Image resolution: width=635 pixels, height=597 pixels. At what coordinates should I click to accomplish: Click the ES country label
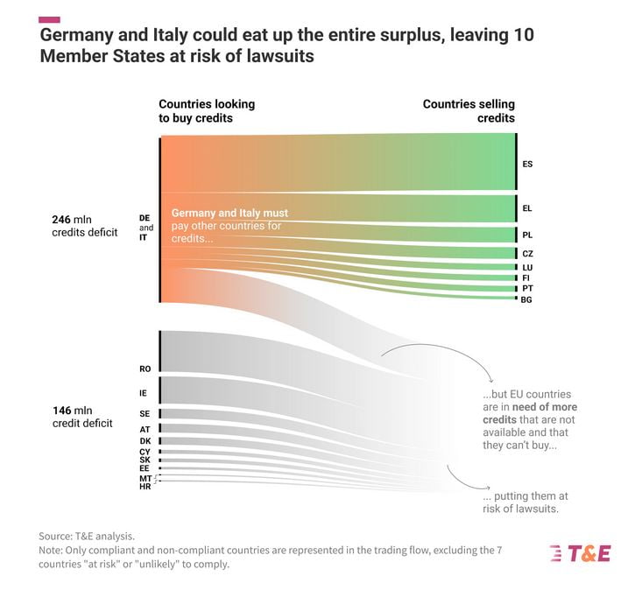coord(527,164)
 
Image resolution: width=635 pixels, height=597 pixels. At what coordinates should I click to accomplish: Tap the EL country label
coord(527,208)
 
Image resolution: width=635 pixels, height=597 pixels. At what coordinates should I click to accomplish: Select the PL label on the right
coord(527,235)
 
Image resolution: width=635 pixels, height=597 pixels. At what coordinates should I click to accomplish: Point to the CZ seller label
coord(527,253)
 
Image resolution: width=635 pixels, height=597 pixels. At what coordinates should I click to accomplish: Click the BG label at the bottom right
coord(526,299)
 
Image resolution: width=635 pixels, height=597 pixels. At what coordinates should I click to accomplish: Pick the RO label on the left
coord(145,369)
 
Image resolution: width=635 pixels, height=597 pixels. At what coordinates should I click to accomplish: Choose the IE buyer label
coord(143,393)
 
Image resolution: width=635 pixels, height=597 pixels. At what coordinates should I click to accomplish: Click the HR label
coord(145,487)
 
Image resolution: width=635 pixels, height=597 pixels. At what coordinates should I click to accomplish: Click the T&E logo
coord(579,553)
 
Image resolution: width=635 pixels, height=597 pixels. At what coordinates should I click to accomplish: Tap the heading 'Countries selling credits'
coord(469,110)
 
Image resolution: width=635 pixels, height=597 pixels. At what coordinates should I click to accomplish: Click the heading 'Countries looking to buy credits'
coord(207,110)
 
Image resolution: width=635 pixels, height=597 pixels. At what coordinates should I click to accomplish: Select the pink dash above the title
coord(50,18)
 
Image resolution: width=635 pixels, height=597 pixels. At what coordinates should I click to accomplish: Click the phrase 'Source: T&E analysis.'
coord(87,535)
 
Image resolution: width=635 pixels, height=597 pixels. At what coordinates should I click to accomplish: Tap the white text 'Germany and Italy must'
coord(229,213)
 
